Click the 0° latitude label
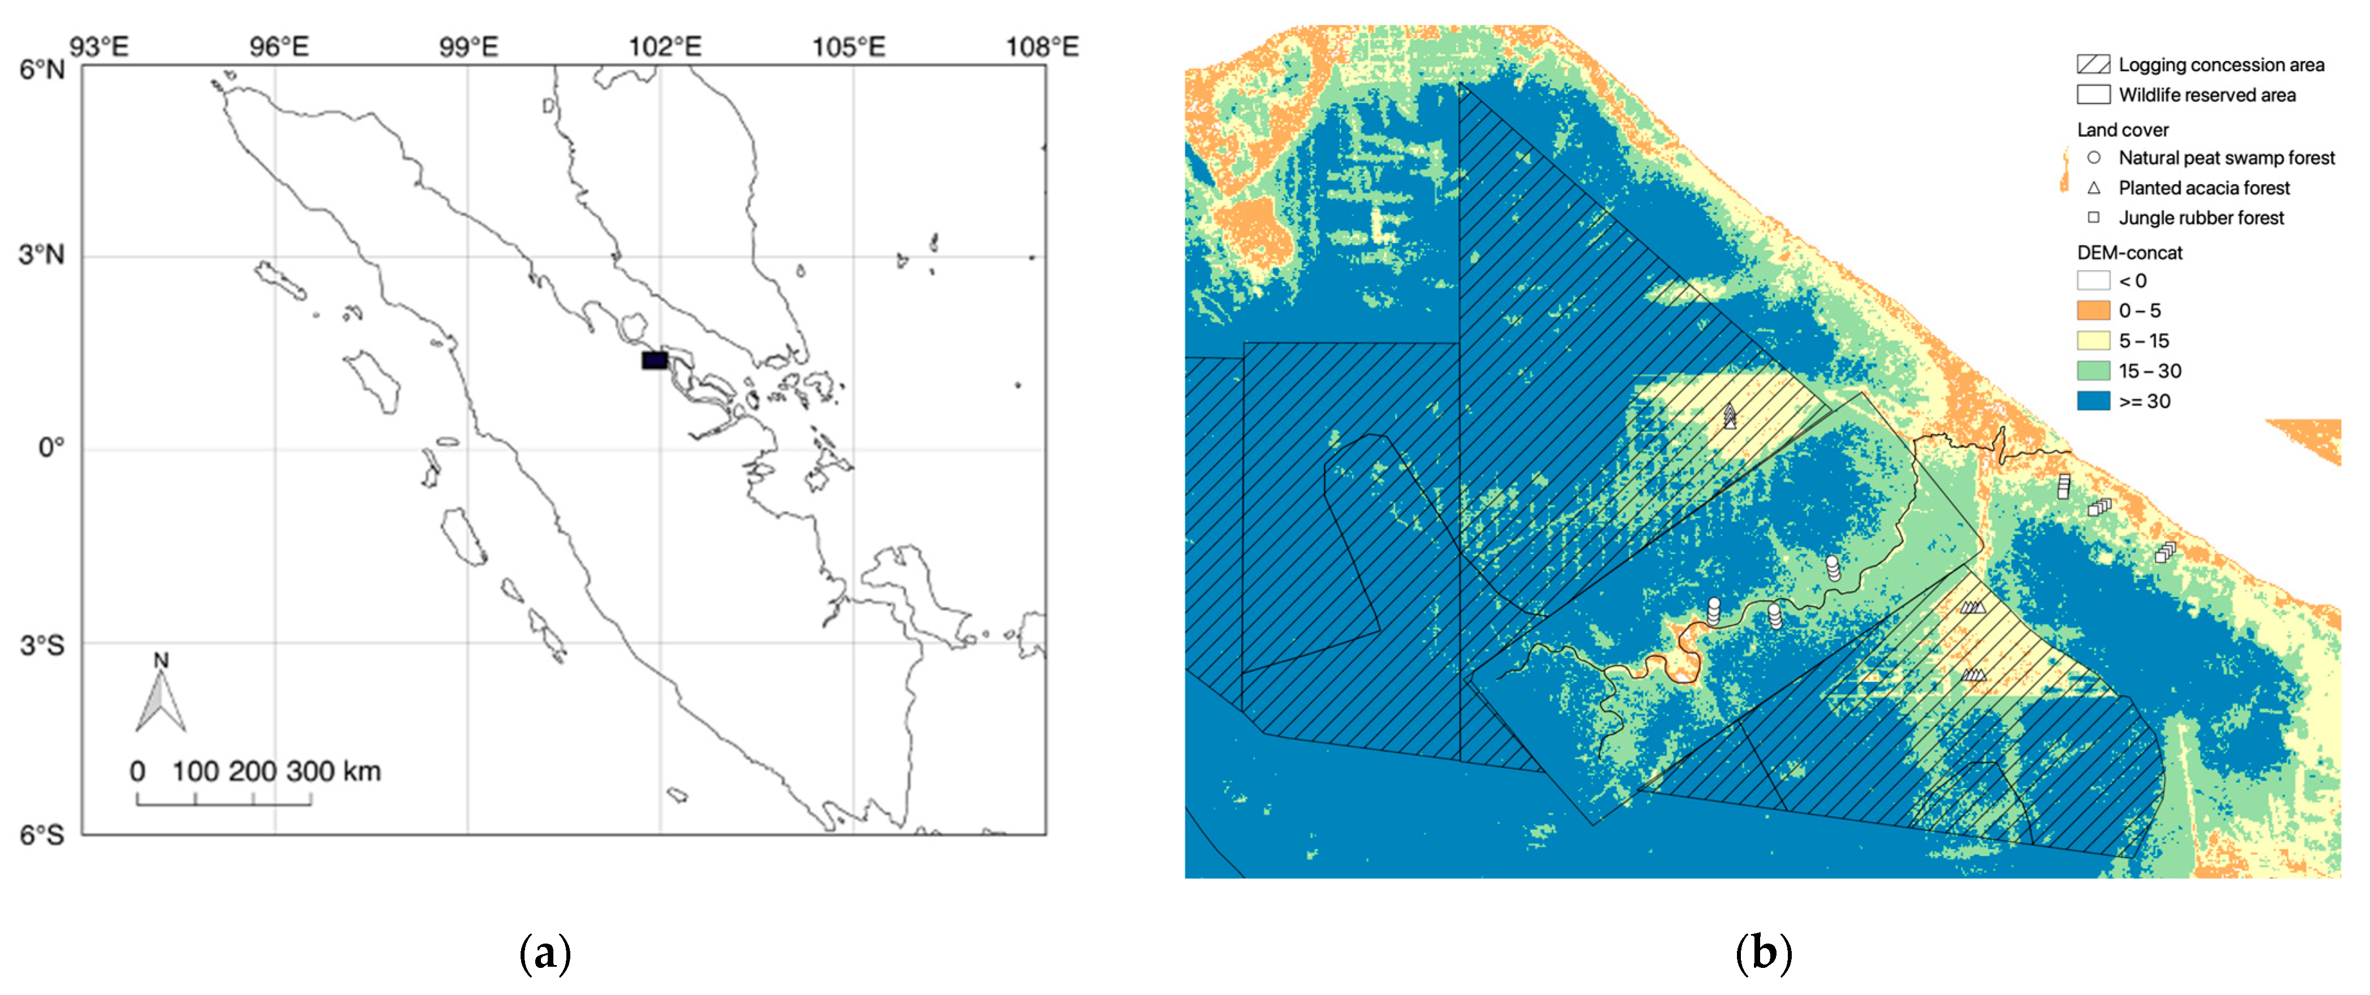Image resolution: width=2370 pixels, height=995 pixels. click(x=51, y=449)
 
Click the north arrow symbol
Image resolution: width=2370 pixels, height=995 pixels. click(x=161, y=699)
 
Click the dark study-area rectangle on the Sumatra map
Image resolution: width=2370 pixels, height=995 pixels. click(x=654, y=359)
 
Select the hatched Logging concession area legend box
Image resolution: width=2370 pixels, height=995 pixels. click(x=2093, y=64)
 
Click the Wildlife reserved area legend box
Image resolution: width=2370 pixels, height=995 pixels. click(x=2093, y=95)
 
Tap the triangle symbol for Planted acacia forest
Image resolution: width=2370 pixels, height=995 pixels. click(x=2093, y=188)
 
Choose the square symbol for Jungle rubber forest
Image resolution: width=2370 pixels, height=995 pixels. click(x=2093, y=218)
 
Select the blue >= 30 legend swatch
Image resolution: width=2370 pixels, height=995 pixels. click(x=2093, y=401)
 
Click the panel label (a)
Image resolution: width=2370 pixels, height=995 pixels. click(x=545, y=954)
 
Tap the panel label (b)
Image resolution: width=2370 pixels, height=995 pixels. click(x=1763, y=954)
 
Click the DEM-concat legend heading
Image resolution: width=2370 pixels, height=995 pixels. click(x=2129, y=252)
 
